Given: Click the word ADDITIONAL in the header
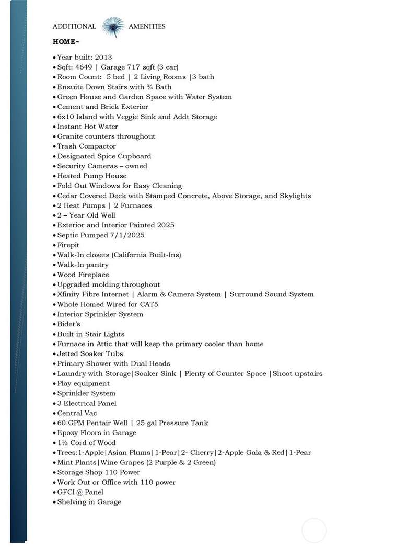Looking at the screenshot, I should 74,26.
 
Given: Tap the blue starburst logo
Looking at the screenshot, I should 112,27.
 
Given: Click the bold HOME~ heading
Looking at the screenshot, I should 66,41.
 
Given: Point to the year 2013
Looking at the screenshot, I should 103,57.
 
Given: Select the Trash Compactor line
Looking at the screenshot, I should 86,146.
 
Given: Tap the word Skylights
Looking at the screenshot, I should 294,196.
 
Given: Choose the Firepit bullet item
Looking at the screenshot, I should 68,245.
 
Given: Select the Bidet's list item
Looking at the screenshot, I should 68,324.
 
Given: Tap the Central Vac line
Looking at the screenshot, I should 77,413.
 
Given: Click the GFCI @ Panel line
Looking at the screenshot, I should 80,492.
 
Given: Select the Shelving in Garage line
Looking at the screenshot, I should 89,502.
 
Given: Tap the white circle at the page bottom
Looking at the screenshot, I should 314,530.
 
